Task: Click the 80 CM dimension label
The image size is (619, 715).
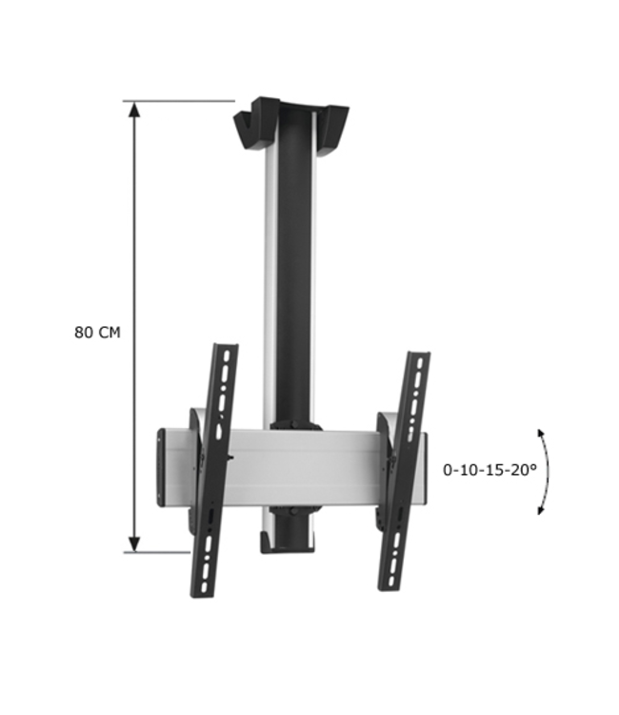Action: pyautogui.click(x=97, y=332)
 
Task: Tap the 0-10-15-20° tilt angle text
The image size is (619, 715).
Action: pyautogui.click(x=489, y=470)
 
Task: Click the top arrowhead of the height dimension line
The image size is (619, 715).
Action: pyautogui.click(x=135, y=110)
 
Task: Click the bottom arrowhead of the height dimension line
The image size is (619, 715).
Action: pyautogui.click(x=135, y=542)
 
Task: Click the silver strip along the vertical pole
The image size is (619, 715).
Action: pyautogui.click(x=270, y=286)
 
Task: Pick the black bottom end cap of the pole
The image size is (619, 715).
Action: pyautogui.click(x=288, y=544)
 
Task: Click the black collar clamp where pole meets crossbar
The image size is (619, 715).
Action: pyautogui.click(x=292, y=425)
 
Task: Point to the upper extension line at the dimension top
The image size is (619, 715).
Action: pyautogui.click(x=181, y=101)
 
